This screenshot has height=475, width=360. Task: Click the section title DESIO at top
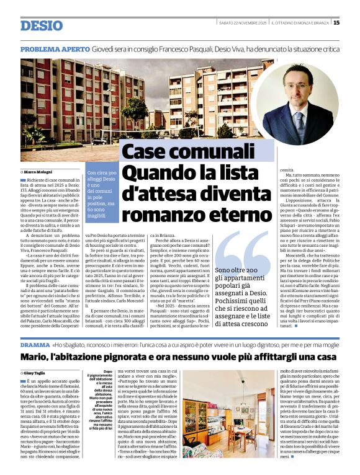point(42,25)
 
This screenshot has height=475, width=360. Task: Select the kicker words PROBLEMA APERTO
point(55,49)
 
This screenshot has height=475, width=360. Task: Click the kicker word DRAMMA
point(35,344)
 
